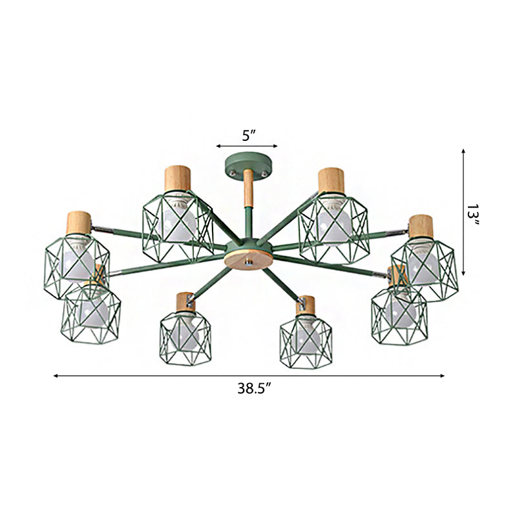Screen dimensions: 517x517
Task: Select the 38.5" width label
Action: [253, 388]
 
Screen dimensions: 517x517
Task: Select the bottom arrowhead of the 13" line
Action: [463, 272]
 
